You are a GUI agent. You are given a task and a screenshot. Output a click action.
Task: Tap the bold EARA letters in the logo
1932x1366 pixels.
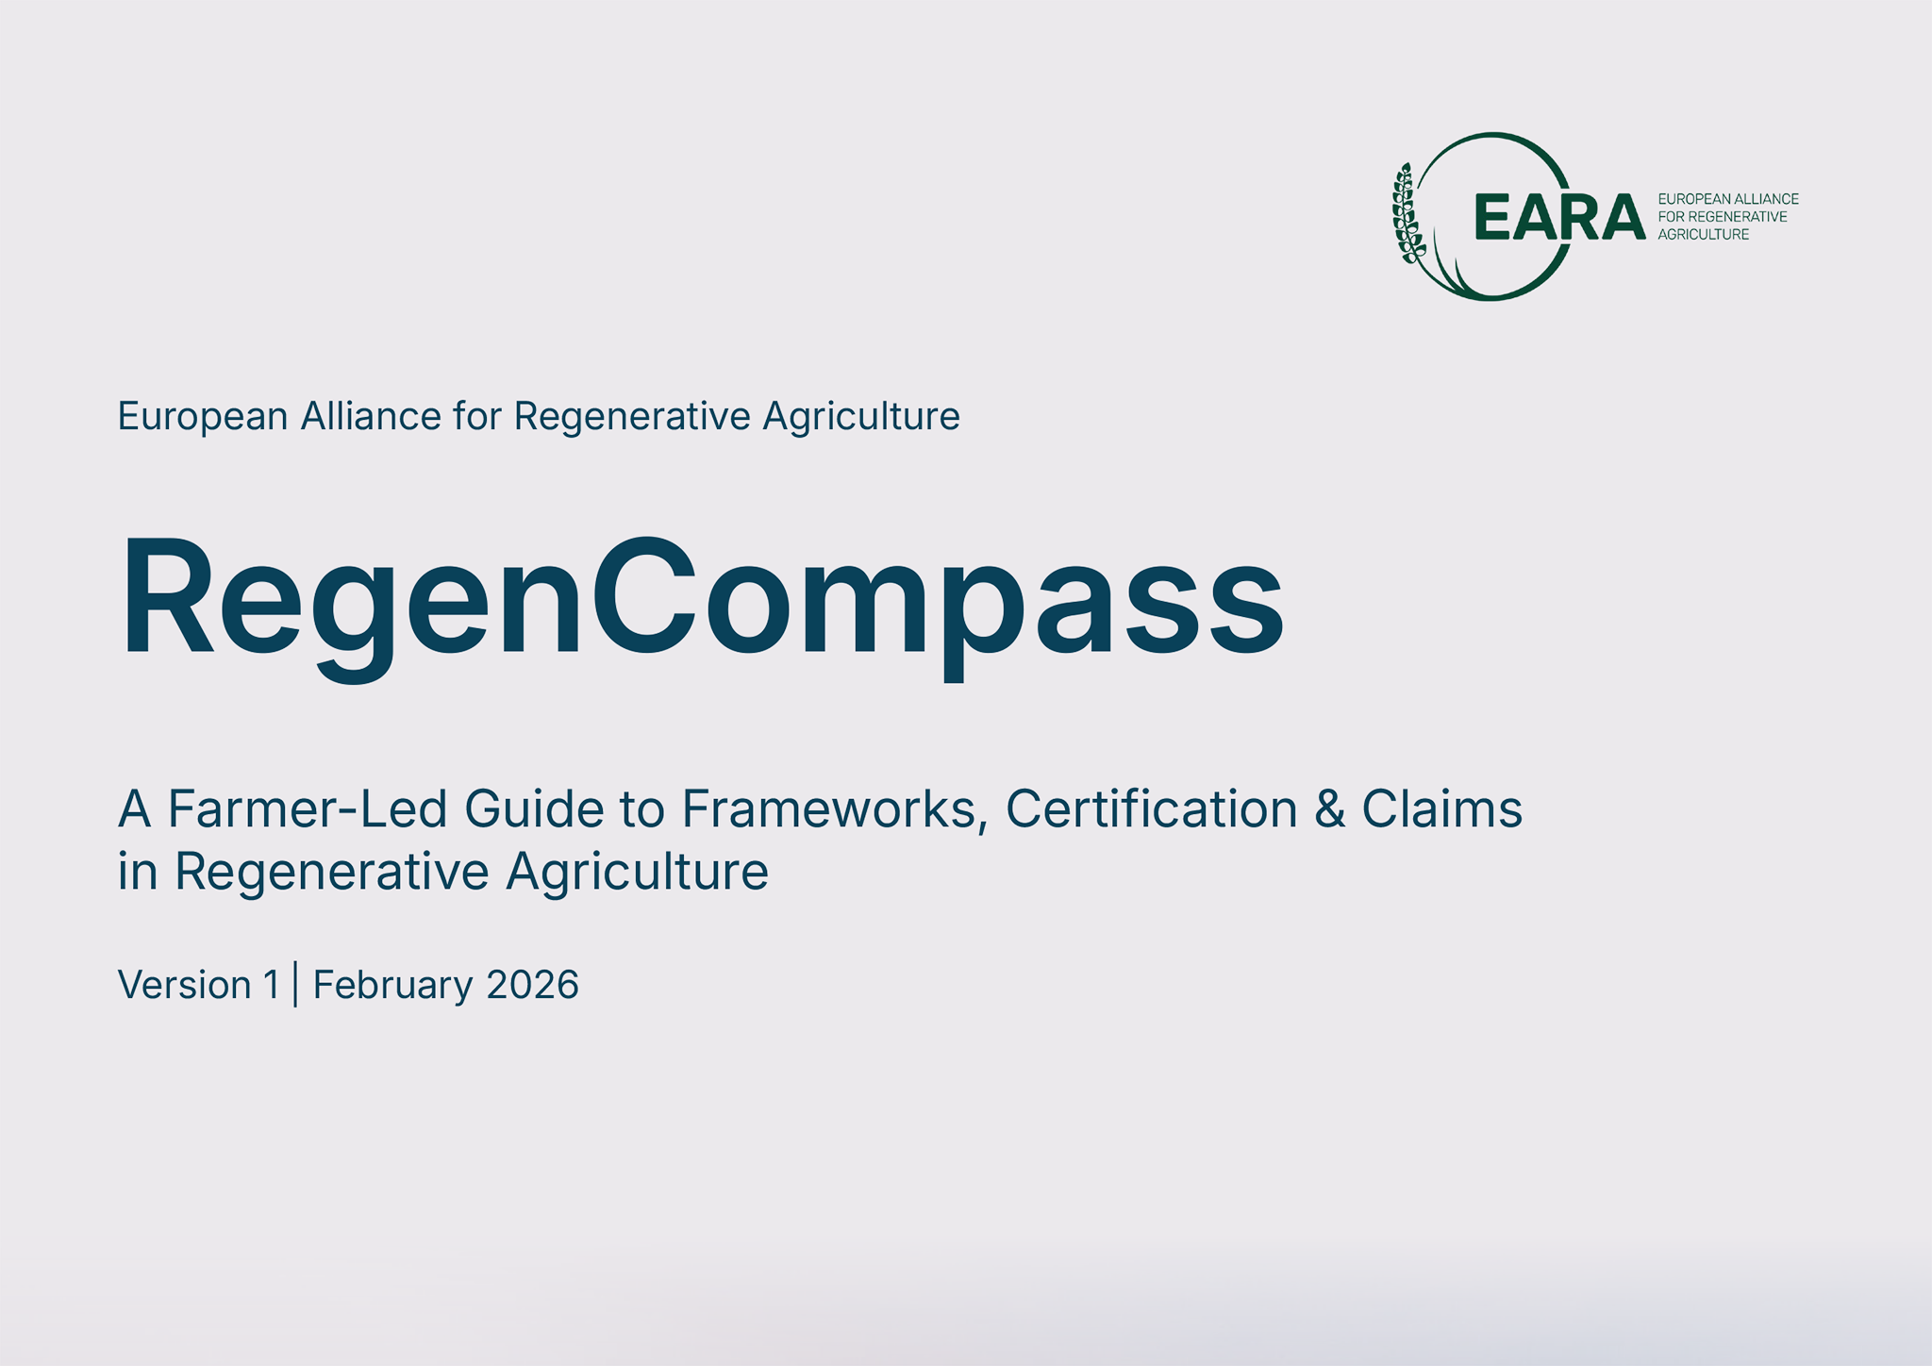(1558, 217)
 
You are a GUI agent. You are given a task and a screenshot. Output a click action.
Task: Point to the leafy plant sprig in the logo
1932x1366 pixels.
(1407, 214)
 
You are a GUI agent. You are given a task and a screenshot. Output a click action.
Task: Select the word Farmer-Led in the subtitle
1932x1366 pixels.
(308, 809)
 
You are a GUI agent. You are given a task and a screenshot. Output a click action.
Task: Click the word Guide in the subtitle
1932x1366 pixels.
(533, 809)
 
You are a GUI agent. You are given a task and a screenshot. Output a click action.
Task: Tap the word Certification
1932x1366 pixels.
(1151, 809)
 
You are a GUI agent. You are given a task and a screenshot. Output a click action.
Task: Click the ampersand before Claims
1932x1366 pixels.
(1329, 809)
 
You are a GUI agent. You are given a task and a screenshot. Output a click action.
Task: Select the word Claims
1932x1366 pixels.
(1441, 809)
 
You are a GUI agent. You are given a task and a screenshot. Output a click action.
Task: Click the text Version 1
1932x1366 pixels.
(199, 985)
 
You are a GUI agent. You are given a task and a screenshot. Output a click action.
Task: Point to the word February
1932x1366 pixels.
(392, 985)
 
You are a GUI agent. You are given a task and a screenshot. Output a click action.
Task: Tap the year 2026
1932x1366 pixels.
(532, 985)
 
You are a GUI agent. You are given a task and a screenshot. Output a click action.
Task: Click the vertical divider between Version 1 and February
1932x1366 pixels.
(296, 984)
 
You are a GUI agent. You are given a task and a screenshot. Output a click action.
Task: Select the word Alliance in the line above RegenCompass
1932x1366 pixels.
(371, 416)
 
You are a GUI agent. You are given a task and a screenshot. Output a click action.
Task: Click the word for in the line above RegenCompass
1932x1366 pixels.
(477, 416)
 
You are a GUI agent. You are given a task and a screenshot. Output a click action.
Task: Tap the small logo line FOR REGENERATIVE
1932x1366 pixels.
(1723, 217)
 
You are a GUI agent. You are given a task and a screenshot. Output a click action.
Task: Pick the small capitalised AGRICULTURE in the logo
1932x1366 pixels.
(1704, 235)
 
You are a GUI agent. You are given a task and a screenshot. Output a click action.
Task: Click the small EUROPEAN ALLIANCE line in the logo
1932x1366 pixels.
(1728, 199)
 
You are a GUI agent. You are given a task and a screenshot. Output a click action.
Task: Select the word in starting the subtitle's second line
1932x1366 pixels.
(137, 871)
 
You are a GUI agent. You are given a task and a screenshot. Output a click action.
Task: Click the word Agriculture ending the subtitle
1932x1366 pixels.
(637, 871)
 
